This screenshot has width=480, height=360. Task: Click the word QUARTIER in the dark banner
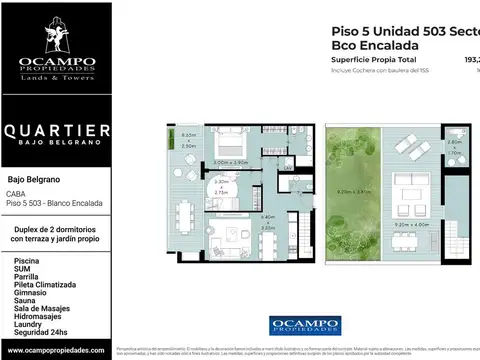tap(56, 131)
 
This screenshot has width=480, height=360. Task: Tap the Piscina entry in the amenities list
tap(28, 259)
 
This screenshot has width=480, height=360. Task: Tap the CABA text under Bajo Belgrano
tap(16, 195)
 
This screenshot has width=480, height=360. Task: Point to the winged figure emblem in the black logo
tap(56, 36)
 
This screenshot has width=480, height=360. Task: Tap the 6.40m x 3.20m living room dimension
tap(268, 221)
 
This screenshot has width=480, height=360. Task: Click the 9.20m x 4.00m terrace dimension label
tap(411, 224)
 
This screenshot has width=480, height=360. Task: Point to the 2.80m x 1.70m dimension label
tap(455, 149)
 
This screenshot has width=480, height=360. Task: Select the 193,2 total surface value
tap(471, 60)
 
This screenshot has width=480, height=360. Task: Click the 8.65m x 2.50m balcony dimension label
tap(188, 140)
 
